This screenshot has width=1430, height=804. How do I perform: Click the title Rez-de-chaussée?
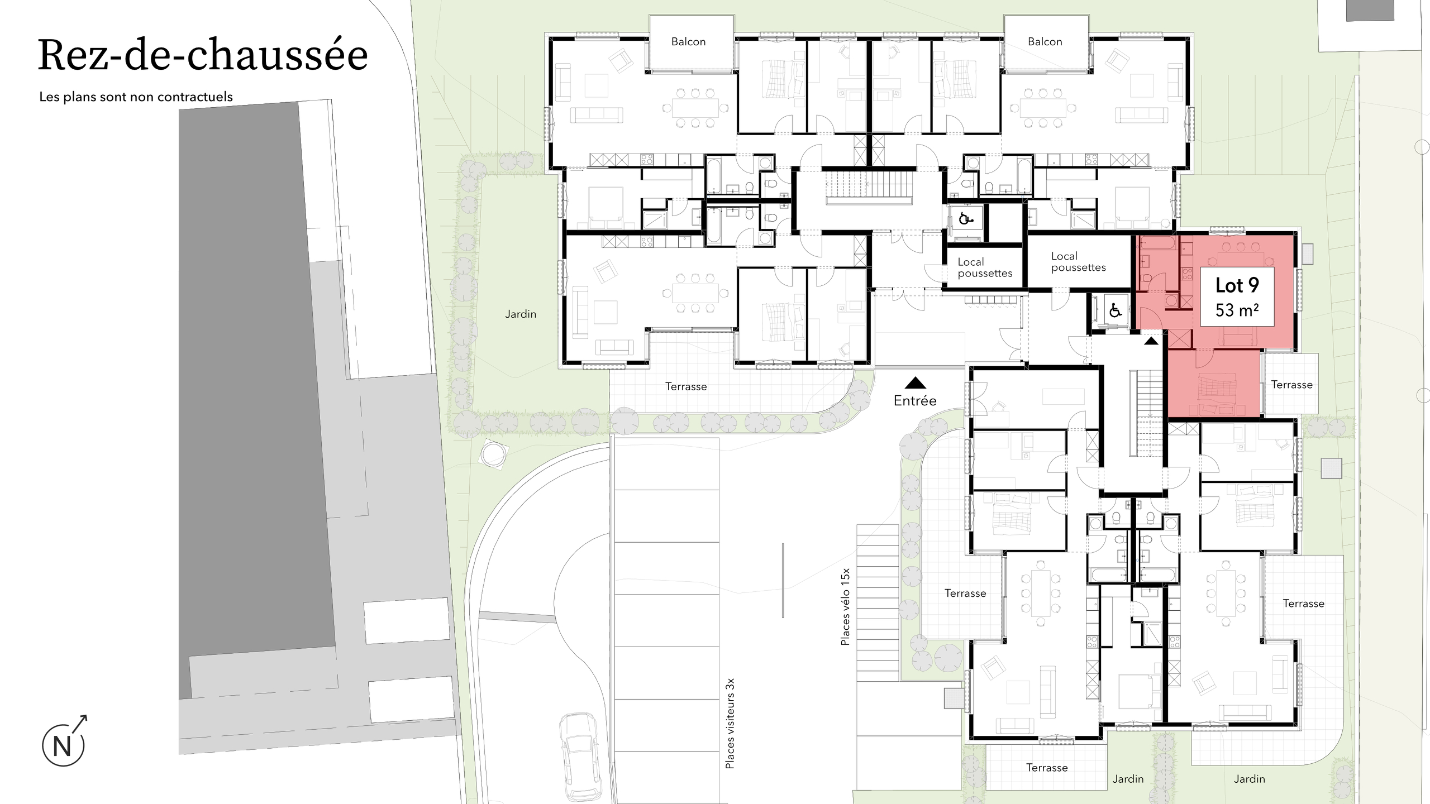pyautogui.click(x=203, y=55)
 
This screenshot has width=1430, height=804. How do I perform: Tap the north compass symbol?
pyautogui.click(x=63, y=745)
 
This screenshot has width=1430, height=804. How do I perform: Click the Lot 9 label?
pyautogui.click(x=1237, y=285)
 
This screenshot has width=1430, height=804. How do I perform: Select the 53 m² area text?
pyautogui.click(x=1237, y=310)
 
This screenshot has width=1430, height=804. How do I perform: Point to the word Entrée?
pyautogui.click(x=915, y=400)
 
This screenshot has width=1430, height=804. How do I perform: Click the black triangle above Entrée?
pyautogui.click(x=915, y=383)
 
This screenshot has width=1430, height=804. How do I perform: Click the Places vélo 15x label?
pyautogui.click(x=845, y=607)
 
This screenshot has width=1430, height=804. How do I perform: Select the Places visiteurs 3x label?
pyautogui.click(x=730, y=723)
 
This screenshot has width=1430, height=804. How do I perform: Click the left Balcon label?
pyautogui.click(x=688, y=42)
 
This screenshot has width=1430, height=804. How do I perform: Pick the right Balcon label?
pyautogui.click(x=1045, y=42)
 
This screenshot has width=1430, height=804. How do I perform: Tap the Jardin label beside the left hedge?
pyautogui.click(x=521, y=314)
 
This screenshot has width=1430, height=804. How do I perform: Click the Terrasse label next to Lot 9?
pyautogui.click(x=1291, y=385)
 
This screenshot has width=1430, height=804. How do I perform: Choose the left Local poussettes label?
pyautogui.click(x=984, y=267)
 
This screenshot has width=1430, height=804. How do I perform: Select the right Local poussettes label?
pyautogui.click(x=1078, y=262)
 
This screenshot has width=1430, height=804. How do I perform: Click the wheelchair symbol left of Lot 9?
pyautogui.click(x=1116, y=310)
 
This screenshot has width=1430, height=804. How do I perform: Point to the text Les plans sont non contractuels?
pyautogui.click(x=136, y=97)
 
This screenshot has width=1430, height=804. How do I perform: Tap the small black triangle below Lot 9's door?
pyautogui.click(x=1151, y=341)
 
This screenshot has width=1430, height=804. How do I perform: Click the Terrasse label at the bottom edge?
pyautogui.click(x=1047, y=768)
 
